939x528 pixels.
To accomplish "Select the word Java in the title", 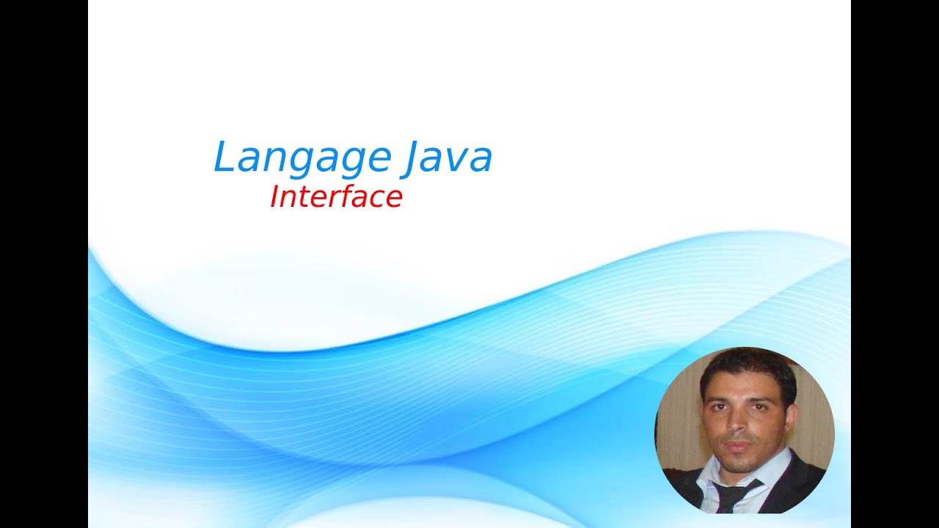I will (447, 158).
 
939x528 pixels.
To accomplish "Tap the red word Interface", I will (336, 197).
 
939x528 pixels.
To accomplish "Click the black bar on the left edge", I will (44, 264).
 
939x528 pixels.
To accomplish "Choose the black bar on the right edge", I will (895, 264).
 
